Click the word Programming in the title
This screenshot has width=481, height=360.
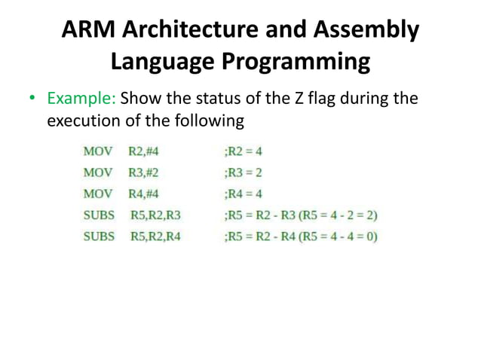296,61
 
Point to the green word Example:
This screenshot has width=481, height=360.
81,99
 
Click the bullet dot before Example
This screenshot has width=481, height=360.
32,99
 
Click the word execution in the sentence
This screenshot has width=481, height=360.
83,120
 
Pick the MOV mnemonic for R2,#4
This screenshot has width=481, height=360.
98,151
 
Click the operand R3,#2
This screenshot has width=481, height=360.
143,172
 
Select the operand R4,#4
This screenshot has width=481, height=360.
143,194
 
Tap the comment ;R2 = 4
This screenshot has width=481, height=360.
244,151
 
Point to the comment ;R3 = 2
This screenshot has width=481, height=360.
244,172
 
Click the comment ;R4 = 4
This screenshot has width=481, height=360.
244,194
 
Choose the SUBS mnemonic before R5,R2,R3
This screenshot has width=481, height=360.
100,215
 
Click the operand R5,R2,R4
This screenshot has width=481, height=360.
156,236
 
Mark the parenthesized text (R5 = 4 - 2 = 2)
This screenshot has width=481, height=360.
333,215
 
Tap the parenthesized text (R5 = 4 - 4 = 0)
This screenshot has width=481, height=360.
333,236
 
